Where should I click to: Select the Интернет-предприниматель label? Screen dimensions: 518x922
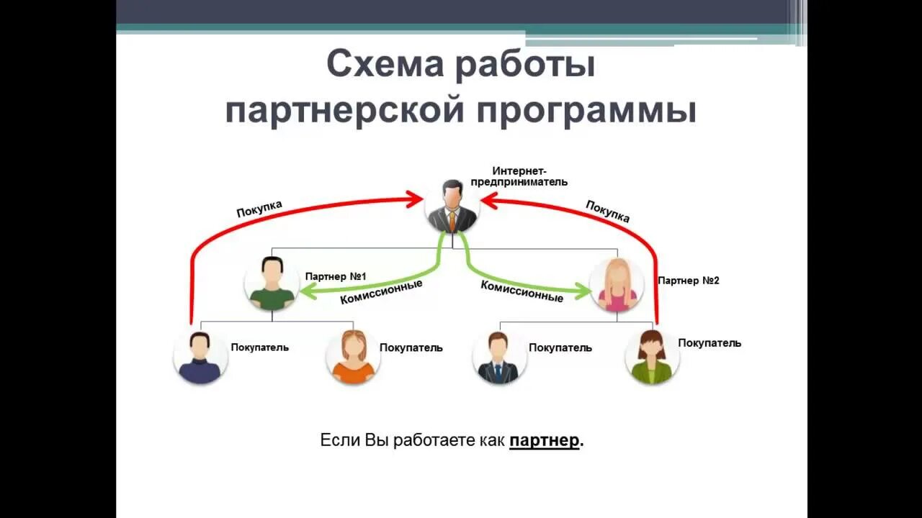pos(519,176)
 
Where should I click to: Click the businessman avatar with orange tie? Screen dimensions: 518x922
pos(452,206)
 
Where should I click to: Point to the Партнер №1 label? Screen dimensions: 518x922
pos(336,276)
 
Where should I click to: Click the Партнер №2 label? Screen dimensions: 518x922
pos(688,281)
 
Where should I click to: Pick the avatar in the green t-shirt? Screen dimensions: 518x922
pos(272,283)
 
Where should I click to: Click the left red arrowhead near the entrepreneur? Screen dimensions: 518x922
pos(415,199)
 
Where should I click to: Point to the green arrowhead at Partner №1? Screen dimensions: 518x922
pos(307,291)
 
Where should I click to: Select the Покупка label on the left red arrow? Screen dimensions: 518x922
pos(259,209)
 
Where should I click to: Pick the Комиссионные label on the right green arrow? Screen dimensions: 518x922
pos(522,291)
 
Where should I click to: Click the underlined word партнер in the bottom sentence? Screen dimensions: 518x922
pos(545,440)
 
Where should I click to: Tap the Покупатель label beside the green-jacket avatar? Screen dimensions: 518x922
pos(709,343)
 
